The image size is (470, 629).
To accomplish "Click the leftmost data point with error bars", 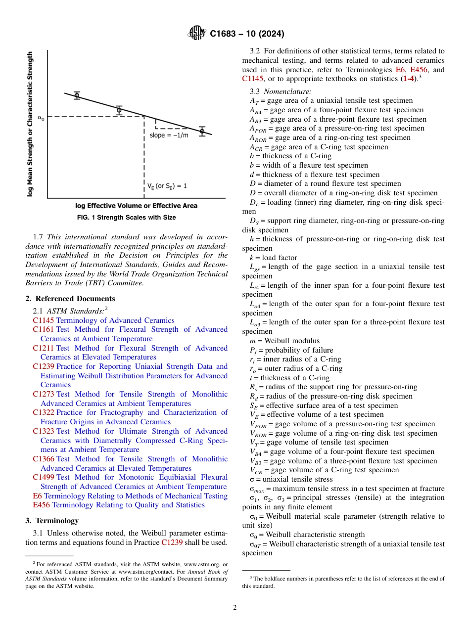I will click(x=77, y=95).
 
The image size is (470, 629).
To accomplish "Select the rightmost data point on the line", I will click(x=202, y=131).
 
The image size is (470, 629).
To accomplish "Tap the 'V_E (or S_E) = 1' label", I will click(x=167, y=186).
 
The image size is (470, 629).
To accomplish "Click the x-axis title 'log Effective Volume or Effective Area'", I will click(x=136, y=206).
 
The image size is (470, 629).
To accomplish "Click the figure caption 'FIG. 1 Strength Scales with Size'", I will click(x=127, y=218).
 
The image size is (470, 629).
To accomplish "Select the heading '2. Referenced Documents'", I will click(x=70, y=299).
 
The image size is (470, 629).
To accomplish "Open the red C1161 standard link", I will click(x=43, y=330).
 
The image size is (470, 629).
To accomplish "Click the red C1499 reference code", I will click(x=43, y=478).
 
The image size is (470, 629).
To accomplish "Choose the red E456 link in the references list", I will click(x=41, y=505).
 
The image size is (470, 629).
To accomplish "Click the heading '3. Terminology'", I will click(x=52, y=521).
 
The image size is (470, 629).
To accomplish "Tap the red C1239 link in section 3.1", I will click(x=172, y=542).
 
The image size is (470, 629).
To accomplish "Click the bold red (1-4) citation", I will click(x=408, y=79).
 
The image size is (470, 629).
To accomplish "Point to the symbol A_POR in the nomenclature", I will click(x=258, y=129).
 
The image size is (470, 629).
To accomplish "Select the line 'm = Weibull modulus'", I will click(x=284, y=341).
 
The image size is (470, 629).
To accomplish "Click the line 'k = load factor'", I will click(x=274, y=258).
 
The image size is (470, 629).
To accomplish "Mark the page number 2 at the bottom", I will click(x=235, y=608).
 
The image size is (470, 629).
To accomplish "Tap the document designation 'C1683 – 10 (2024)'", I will click(x=247, y=34).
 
